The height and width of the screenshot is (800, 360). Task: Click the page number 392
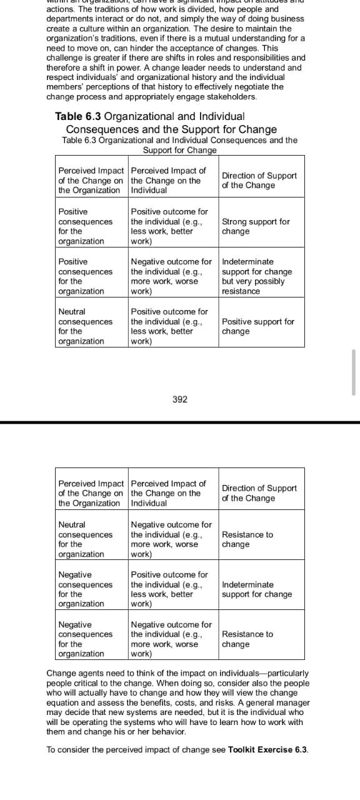[179, 399]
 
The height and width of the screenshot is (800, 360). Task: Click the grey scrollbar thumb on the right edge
[354, 372]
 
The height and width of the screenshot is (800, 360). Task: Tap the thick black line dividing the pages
[180, 423]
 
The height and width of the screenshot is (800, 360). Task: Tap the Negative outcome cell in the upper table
[171, 276]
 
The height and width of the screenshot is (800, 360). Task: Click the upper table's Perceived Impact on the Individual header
[168, 181]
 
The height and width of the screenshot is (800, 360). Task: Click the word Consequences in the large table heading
[104, 129]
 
